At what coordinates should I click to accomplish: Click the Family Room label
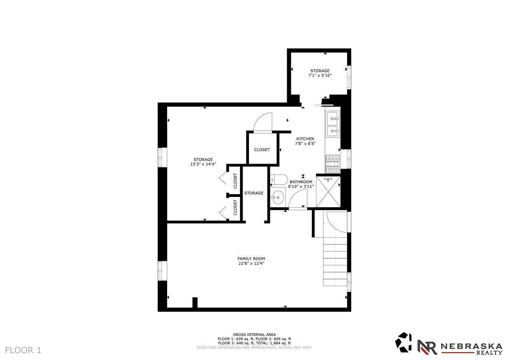251,259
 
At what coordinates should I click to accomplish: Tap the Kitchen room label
305,139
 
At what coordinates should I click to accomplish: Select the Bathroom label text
301,182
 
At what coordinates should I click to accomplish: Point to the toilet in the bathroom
279,180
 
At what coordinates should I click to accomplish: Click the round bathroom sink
278,198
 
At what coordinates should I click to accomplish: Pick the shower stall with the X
328,192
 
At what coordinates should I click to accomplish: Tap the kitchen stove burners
333,164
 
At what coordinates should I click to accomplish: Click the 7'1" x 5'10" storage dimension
320,76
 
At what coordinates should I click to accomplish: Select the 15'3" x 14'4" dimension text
203,164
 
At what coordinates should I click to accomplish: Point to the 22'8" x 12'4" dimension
251,264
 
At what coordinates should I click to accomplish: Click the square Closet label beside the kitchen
262,149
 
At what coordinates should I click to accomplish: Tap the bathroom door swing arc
298,198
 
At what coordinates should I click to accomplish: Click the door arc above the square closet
263,122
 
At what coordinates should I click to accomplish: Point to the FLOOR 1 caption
23,350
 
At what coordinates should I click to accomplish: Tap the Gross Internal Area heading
254,335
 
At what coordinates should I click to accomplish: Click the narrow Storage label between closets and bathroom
254,193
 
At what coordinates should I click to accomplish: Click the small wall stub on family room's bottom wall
195,303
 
